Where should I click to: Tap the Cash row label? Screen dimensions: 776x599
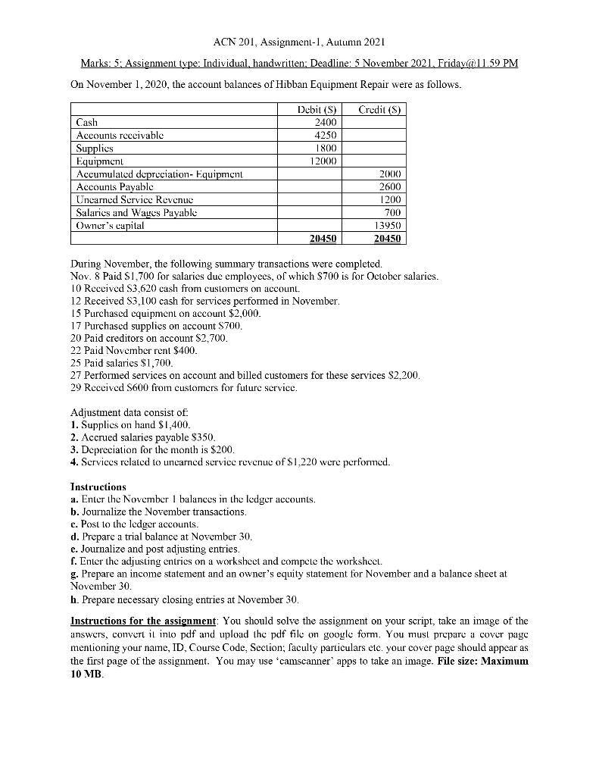(86, 123)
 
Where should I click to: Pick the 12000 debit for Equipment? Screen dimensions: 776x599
(322, 161)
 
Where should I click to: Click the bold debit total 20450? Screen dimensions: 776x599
(321, 238)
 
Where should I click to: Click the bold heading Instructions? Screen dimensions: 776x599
(98, 486)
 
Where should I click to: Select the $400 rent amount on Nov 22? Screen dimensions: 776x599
(184, 352)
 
